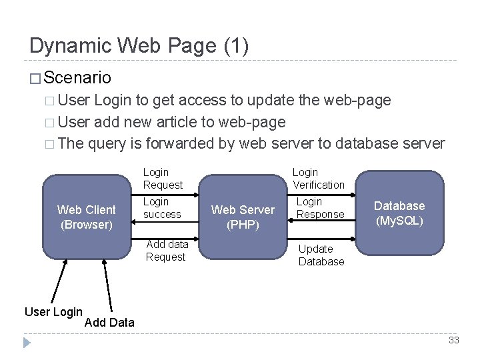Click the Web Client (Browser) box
[87, 217]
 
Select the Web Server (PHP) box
[243, 217]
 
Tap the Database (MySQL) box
[399, 213]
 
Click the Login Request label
[163, 179]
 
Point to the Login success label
[162, 208]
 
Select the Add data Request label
[167, 251]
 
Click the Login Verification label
[319, 179]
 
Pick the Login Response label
[320, 208]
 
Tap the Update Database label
[321, 255]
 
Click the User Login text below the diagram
[53, 311]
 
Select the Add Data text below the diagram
[110, 323]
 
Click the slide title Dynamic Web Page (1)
[139, 46]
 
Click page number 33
[454, 341]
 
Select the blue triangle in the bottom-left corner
[27, 343]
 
